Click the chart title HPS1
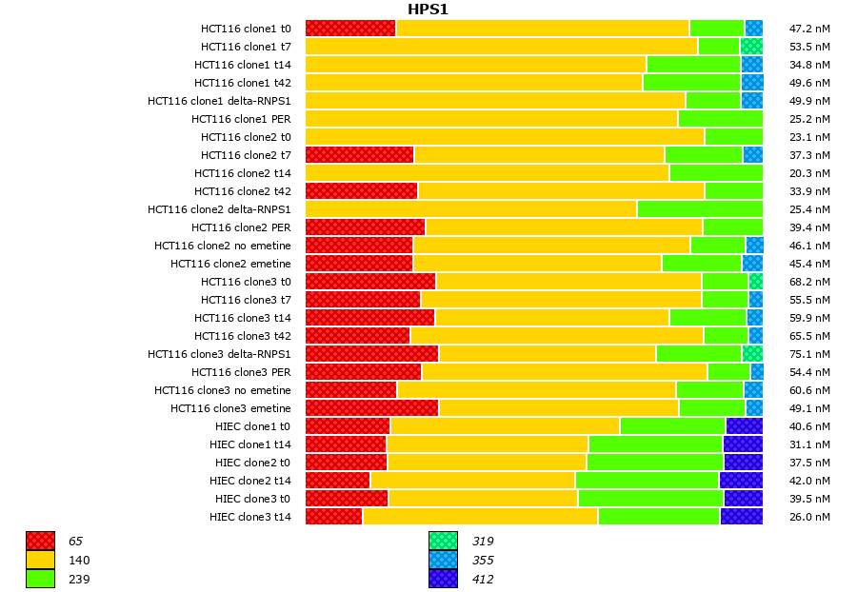(428, 10)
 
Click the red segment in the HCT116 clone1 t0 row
(350, 29)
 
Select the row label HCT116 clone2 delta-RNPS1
(219, 209)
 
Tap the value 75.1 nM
(809, 354)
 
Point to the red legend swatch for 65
(40, 542)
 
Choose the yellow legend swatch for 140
(40, 561)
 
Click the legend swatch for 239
(40, 579)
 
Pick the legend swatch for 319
(443, 542)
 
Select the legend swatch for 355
(443, 561)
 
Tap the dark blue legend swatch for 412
(443, 579)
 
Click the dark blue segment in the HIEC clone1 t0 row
(744, 426)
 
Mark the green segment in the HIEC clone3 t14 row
(659, 517)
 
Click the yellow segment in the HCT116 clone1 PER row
(491, 119)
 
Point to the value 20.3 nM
(809, 173)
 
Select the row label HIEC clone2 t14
(250, 481)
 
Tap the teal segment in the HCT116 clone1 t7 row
(751, 47)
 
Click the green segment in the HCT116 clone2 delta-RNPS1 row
(700, 209)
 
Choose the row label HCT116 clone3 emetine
(230, 408)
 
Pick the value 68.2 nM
(809, 282)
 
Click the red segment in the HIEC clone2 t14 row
(338, 481)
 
